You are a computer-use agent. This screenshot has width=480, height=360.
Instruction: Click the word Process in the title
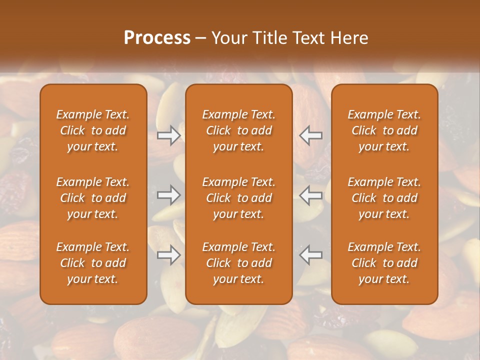pos(157,38)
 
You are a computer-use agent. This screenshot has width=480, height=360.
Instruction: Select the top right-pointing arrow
pos(168,135)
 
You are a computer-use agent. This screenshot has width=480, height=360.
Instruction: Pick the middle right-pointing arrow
pos(168,195)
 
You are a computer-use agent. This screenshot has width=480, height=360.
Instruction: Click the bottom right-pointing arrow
pos(168,255)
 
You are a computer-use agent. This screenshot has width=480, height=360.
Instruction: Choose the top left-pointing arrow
pos(311,135)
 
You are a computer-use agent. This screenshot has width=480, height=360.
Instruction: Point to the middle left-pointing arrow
pos(311,195)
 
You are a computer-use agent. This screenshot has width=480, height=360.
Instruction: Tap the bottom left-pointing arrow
pos(311,255)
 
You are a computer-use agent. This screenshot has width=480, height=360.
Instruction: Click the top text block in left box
pos(93,130)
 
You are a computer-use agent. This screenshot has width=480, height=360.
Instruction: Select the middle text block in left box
pos(93,198)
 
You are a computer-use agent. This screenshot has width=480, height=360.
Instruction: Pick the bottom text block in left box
pos(93,263)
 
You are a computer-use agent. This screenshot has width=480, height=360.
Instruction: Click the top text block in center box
pos(239,130)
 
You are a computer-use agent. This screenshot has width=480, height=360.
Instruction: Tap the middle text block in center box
pos(239,198)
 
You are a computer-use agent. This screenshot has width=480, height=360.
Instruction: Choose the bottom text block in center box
pos(239,263)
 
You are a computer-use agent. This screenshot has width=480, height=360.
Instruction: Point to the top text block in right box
pos(384,130)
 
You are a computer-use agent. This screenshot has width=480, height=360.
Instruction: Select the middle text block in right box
pos(384,198)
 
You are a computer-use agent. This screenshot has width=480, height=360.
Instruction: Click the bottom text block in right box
pos(384,263)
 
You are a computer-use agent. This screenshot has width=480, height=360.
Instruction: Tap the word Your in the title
pos(228,38)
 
